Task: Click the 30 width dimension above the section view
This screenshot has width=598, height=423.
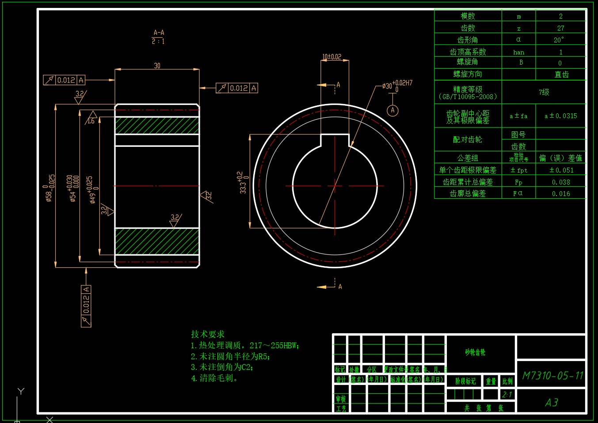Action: tap(157, 65)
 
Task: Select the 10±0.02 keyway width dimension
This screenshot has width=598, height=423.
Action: tap(331, 57)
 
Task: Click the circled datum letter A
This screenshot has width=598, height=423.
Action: tap(392, 110)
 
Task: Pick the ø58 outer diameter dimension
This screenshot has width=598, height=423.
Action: tap(50, 188)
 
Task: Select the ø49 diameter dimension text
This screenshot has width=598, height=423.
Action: tap(91, 189)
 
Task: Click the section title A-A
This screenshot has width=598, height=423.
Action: tap(159, 33)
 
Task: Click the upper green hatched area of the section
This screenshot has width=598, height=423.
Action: tap(157, 126)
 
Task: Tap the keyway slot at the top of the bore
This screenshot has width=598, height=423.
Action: tap(335, 140)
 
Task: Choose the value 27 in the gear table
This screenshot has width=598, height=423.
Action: tap(560, 28)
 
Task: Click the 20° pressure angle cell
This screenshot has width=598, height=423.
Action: tap(559, 40)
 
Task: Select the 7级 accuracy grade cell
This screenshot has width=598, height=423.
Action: tap(544, 92)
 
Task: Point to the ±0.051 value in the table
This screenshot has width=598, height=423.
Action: tap(561, 170)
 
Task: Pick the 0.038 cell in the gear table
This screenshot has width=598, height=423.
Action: tap(561, 182)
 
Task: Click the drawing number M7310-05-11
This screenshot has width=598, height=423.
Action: tap(552, 376)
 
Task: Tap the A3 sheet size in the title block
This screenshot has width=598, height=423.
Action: tap(552, 402)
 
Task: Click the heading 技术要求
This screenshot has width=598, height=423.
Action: tap(208, 334)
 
